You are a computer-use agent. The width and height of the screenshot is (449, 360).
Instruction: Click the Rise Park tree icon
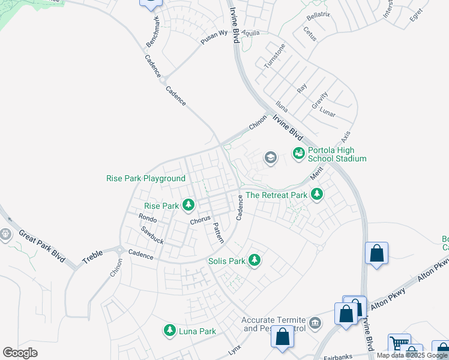pyautogui.click(x=188, y=206)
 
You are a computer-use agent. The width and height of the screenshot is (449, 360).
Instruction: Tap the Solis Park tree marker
pyautogui.click(x=255, y=260)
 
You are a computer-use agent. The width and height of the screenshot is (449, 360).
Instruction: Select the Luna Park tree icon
pyautogui.click(x=169, y=331)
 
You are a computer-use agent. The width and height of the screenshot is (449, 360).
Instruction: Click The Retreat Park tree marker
pyautogui.click(x=317, y=194)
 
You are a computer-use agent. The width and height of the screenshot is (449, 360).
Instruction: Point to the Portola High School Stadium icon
pyautogui.click(x=298, y=154)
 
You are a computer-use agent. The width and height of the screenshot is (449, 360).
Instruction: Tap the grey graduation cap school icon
pyautogui.click(x=270, y=158)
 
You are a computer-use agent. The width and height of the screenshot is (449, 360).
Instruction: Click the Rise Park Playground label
pyautogui.click(x=146, y=178)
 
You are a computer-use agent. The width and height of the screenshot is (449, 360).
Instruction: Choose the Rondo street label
pyautogui.click(x=147, y=217)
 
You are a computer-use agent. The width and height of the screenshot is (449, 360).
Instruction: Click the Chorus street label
pyautogui.click(x=200, y=220)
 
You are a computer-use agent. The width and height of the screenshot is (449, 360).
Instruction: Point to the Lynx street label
pyautogui.click(x=234, y=349)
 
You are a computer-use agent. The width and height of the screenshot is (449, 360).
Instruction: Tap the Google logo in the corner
pyautogui.click(x=20, y=353)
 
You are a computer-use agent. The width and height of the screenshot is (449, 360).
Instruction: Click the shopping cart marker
pyautogui.click(x=399, y=343)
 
